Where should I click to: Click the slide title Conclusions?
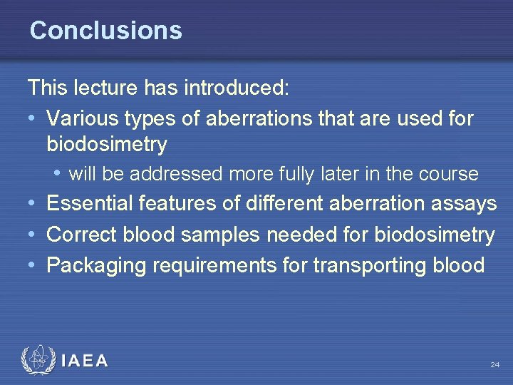click(x=105, y=31)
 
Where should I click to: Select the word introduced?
click(x=237, y=88)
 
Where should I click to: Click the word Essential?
click(x=91, y=204)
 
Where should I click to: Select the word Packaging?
click(x=95, y=266)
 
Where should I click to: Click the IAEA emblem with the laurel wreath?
click(x=36, y=360)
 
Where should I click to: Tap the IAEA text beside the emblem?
click(x=85, y=361)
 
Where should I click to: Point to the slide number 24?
click(x=494, y=365)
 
